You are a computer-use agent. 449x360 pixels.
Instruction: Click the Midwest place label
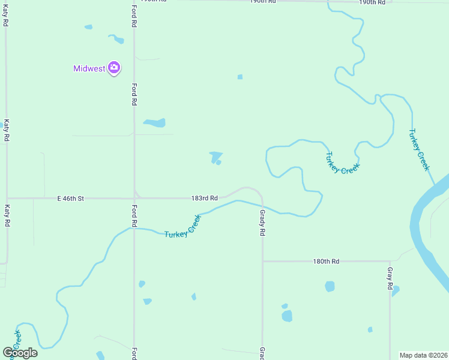[x=89, y=68]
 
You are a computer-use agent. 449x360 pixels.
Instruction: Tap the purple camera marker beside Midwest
[x=114, y=67]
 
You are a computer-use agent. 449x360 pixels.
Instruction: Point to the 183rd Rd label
[x=205, y=197]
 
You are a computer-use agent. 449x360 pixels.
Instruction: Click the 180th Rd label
[x=326, y=262]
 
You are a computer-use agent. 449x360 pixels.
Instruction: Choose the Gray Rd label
[x=390, y=279]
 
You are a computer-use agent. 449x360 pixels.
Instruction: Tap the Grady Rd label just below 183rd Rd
[x=262, y=222]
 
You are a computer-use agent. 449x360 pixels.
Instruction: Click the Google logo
[x=20, y=353]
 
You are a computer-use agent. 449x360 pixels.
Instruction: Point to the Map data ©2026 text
[x=423, y=355]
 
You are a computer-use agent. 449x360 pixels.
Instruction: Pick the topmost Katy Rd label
[x=6, y=14]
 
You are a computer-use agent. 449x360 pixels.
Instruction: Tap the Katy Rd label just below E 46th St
[x=7, y=216]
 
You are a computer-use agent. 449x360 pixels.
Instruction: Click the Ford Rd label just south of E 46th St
[x=134, y=216]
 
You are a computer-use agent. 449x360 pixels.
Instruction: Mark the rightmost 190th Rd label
[x=372, y=2]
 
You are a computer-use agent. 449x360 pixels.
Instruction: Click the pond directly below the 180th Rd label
[x=330, y=287]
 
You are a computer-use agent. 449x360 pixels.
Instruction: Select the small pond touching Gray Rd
[x=395, y=290]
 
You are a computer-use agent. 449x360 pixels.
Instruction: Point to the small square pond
[x=240, y=77]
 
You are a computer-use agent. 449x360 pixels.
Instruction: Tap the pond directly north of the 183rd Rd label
[x=215, y=157]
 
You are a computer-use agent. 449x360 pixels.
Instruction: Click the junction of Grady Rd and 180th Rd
[x=262, y=261]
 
